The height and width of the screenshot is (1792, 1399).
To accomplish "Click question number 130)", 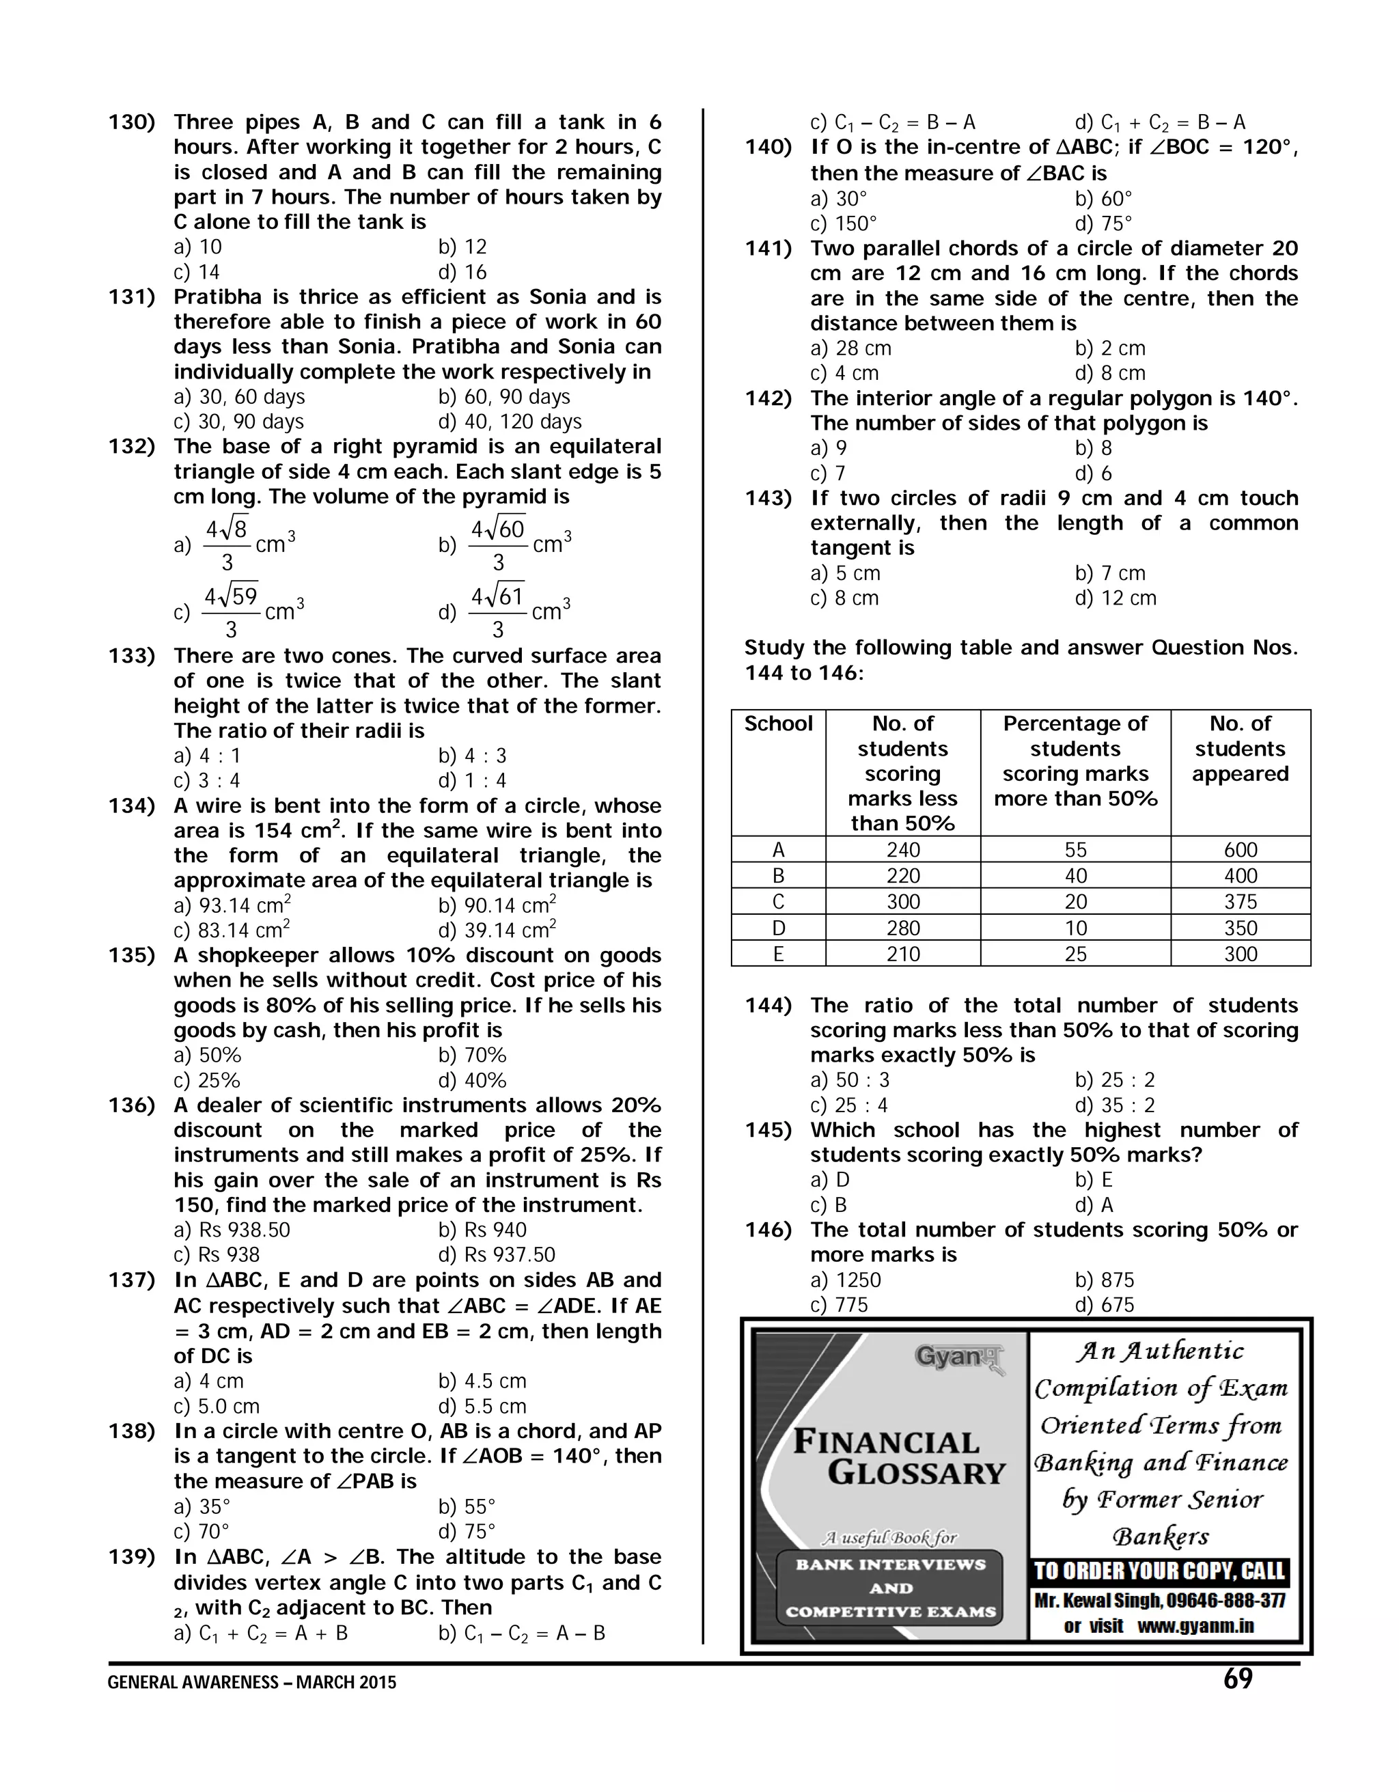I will click(131, 123).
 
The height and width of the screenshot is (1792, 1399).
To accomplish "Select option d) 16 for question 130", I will click(462, 273).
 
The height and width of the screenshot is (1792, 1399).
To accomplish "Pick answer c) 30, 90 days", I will click(239, 422).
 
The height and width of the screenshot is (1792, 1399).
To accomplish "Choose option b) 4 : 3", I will click(472, 756).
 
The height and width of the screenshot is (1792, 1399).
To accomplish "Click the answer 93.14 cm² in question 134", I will click(233, 906).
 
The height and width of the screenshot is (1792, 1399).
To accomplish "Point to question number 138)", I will click(131, 1432).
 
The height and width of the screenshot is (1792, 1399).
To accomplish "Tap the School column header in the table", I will click(778, 723).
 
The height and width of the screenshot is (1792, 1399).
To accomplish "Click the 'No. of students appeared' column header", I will click(1240, 748).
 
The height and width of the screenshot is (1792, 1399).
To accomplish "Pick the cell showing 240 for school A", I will click(902, 850).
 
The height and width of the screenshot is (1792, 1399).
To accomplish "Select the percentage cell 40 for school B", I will click(1075, 877).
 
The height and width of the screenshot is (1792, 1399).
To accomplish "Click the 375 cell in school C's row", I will click(1240, 902).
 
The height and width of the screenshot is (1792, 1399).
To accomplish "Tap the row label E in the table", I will click(778, 954).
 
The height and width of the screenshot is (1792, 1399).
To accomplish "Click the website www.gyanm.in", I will click(1195, 1626).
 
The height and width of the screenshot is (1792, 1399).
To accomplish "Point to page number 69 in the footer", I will click(1237, 1679).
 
